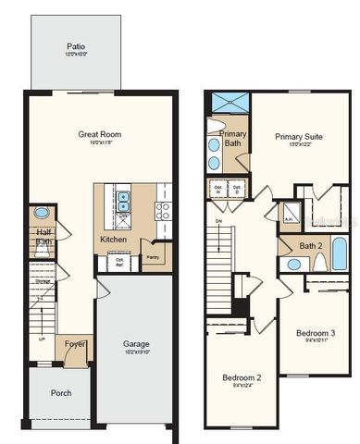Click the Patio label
click(75, 46)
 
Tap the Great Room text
click(99, 135)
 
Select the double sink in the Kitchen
click(122, 196)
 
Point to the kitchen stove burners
click(165, 196)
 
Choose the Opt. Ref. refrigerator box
click(119, 263)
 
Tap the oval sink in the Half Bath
click(42, 214)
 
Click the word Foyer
click(75, 347)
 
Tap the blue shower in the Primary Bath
click(225, 103)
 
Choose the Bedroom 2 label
click(241, 377)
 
